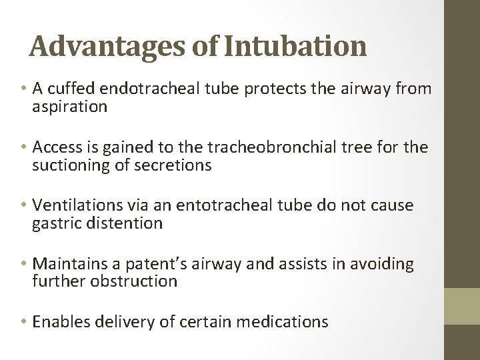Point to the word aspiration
70,107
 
